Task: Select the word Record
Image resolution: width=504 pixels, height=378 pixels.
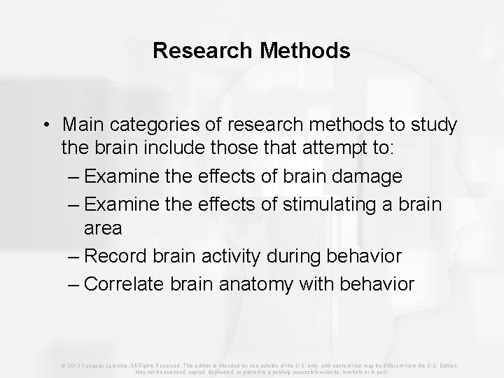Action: (120, 256)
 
